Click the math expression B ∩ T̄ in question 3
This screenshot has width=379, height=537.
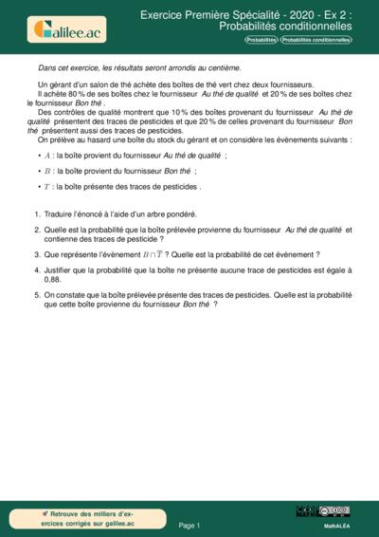(x=153, y=255)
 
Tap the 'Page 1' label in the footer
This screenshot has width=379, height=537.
(x=189, y=524)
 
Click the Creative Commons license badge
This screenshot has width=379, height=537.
(x=335, y=510)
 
